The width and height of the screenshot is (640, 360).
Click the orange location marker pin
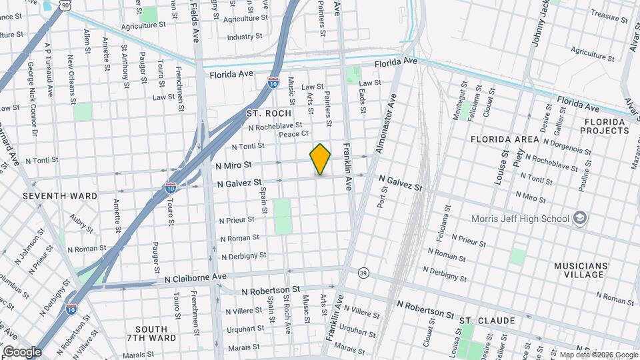pos(321,159)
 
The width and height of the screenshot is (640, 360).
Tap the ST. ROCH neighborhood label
pos(269,113)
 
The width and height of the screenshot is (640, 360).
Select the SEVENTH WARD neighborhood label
pos(60,196)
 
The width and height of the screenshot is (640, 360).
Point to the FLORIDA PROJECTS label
pos(606,127)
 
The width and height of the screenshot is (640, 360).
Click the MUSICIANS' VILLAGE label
pos(582,271)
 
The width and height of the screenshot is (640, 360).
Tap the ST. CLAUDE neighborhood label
pos(487,321)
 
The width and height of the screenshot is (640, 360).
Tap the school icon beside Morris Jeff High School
pos(580,218)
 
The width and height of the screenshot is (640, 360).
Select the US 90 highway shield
pos(64,5)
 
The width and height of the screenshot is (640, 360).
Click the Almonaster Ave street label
pos(386,123)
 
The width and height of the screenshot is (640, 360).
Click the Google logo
pos(22,351)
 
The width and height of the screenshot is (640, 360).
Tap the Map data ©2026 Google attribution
pos(599,355)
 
